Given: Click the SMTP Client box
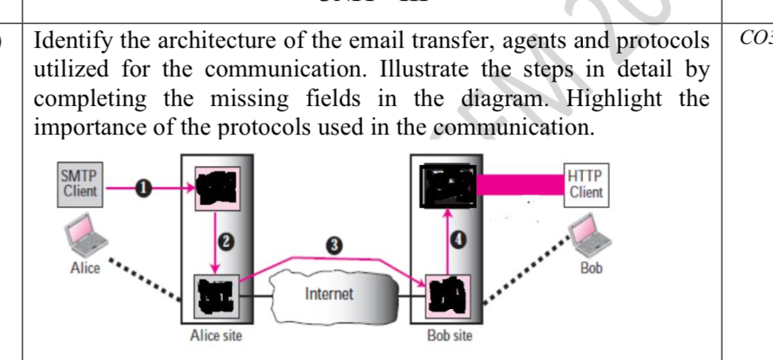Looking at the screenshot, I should click(80, 184).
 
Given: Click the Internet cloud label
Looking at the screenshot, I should click(329, 294).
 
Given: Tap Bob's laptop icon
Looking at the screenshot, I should click(590, 237).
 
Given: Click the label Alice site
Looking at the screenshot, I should click(216, 336).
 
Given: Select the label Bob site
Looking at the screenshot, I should click(450, 336).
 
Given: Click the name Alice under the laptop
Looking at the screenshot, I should click(85, 268).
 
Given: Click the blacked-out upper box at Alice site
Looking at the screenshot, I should click(216, 188).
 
